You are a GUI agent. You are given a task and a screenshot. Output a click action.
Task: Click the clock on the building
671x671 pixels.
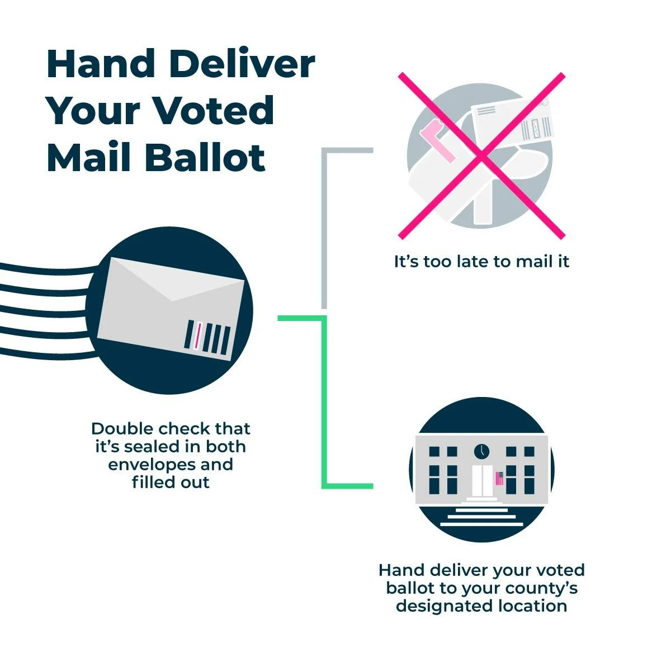point(481,451)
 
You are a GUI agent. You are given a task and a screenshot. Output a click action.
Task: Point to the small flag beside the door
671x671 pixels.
point(499,478)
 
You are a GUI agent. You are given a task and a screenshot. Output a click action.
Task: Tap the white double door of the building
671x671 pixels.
point(481,480)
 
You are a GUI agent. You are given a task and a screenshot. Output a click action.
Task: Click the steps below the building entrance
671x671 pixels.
point(481,517)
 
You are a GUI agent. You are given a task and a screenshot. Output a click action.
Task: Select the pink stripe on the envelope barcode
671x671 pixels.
point(197,336)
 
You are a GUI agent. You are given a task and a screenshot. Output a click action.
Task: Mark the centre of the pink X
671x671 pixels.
point(481,156)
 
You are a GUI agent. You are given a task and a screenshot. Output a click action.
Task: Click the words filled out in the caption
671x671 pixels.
point(171,482)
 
